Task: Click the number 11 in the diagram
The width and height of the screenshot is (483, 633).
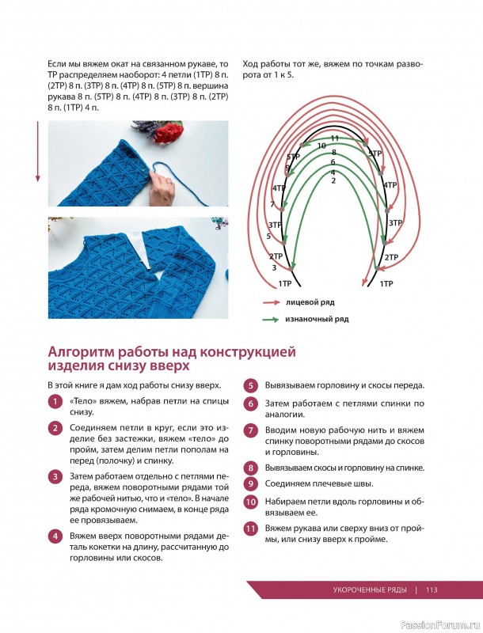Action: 334,138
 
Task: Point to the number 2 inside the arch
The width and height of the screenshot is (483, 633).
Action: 333,180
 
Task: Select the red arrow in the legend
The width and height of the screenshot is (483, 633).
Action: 270,302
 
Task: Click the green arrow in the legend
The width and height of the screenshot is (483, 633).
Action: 270,320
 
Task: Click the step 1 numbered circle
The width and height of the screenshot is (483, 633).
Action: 55,402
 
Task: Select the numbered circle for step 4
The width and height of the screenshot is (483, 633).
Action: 55,536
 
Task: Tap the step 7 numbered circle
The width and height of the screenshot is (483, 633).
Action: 250,430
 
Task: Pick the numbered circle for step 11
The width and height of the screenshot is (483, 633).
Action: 250,529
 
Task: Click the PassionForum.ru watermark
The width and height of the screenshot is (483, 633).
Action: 439,624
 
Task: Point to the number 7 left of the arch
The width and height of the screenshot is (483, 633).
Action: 272,205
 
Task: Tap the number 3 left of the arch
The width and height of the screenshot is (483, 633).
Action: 275,267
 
